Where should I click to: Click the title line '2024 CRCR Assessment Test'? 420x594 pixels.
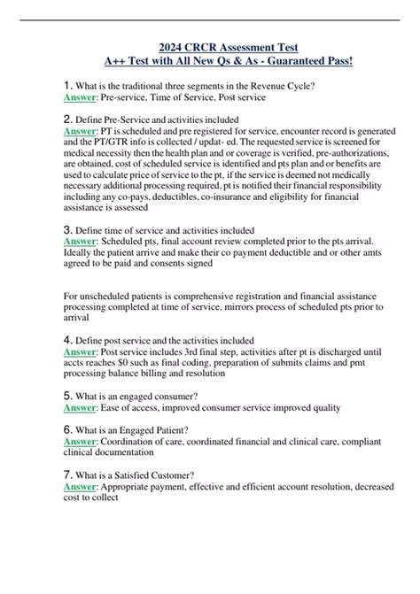210,47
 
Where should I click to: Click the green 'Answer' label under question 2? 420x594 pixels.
81,129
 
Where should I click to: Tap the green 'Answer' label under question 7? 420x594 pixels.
81,487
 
